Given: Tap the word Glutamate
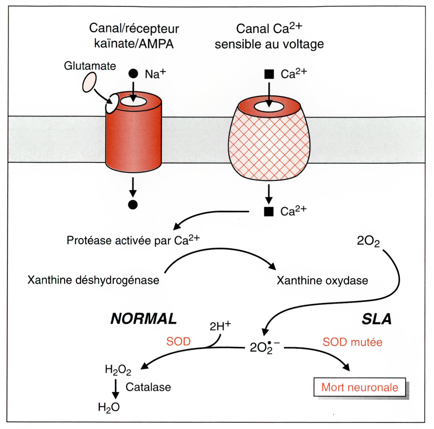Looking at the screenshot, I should pyautogui.click(x=90, y=66).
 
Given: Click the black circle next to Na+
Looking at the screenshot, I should pyautogui.click(x=133, y=74).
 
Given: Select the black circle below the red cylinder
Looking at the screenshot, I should pyautogui.click(x=133, y=205).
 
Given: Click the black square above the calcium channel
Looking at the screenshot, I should pyautogui.click(x=269, y=74).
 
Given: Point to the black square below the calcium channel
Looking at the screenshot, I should pyautogui.click(x=269, y=211).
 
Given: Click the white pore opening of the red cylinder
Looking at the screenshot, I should pyautogui.click(x=133, y=101).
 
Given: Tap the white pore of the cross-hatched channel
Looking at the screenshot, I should pyautogui.click(x=269, y=107).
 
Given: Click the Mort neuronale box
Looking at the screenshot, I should pyautogui.click(x=360, y=387).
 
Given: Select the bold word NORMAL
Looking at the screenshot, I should pyautogui.click(x=144, y=319).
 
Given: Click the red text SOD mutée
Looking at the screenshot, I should pyautogui.click(x=352, y=342).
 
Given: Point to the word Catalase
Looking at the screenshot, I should pyautogui.click(x=148, y=387).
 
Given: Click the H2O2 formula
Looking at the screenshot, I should pyautogui.click(x=118, y=370).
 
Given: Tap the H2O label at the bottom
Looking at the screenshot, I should pyautogui.click(x=109, y=407).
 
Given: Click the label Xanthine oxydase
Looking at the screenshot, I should pyautogui.click(x=322, y=280).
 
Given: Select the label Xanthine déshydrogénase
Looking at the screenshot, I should pyautogui.click(x=93, y=280).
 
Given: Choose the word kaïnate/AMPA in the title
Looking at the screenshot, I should pyautogui.click(x=134, y=44).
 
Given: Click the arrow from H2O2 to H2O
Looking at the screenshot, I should pyautogui.click(x=116, y=389).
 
